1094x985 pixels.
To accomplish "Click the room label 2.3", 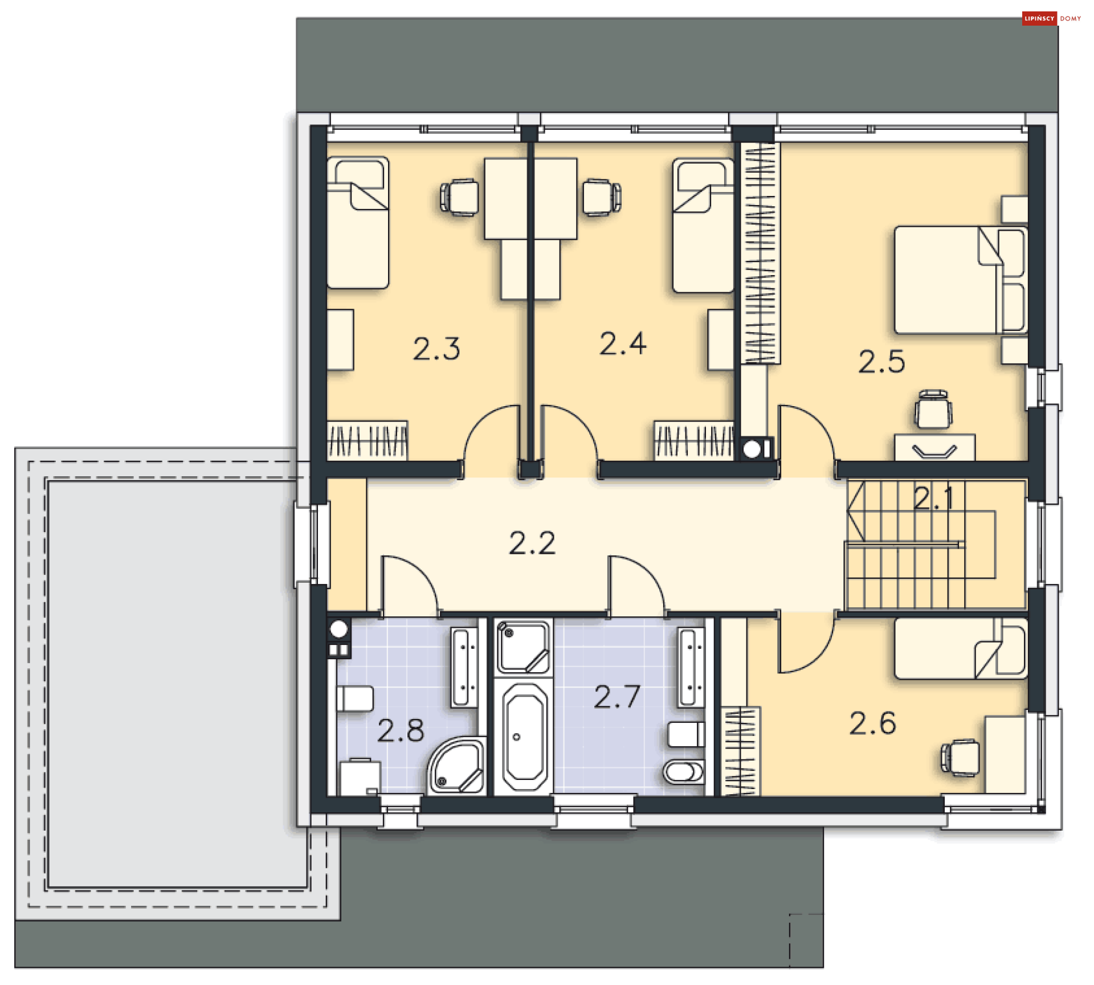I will [436, 349].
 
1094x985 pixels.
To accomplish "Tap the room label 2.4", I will [623, 344].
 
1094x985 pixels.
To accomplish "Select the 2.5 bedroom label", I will [881, 362].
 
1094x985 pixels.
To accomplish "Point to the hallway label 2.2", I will [532, 543].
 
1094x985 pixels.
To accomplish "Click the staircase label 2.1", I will [933, 498].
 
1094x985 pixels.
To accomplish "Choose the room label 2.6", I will [872, 724].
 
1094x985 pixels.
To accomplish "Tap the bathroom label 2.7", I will [617, 697].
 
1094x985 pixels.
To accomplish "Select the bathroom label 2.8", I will [401, 730].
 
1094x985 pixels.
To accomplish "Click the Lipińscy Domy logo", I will [1052, 18].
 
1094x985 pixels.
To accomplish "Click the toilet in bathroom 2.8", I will [354, 698].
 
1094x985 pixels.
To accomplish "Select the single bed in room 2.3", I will [358, 223].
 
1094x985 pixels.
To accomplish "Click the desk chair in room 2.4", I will [601, 197].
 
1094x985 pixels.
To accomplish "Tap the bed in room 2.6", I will [960, 649].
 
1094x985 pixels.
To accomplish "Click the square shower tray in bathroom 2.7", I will [523, 647].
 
